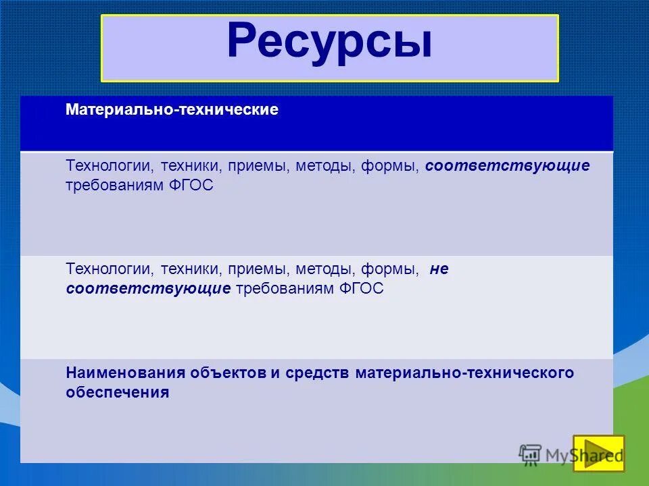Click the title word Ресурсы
(329, 41)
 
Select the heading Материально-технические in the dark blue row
(172, 110)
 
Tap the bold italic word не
(439, 269)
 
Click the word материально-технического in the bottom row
(464, 373)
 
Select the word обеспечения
(117, 392)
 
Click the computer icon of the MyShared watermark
(531, 454)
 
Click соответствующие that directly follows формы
(508, 166)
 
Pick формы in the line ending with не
(388, 269)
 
